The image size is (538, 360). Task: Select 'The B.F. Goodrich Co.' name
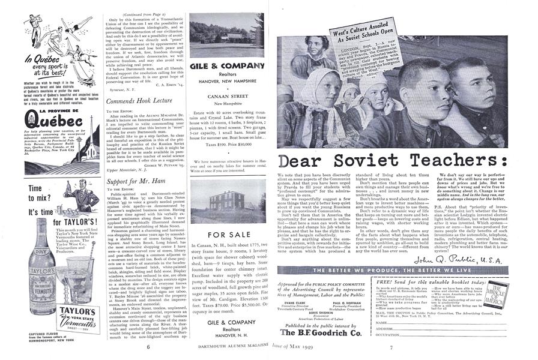pyautogui.click(x=330, y=332)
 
